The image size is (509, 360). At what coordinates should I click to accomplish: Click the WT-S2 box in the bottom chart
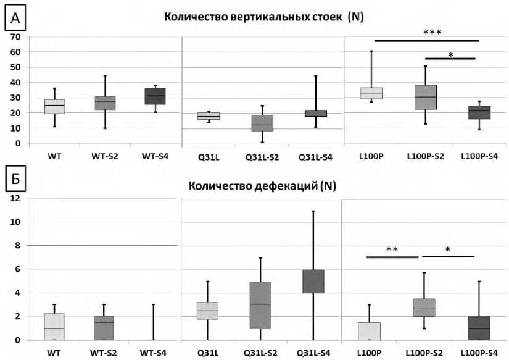[x=104, y=328]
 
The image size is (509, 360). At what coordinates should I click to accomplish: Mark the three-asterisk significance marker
[x=432, y=32]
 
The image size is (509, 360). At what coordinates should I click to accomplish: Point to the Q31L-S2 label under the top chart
[x=262, y=157]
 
